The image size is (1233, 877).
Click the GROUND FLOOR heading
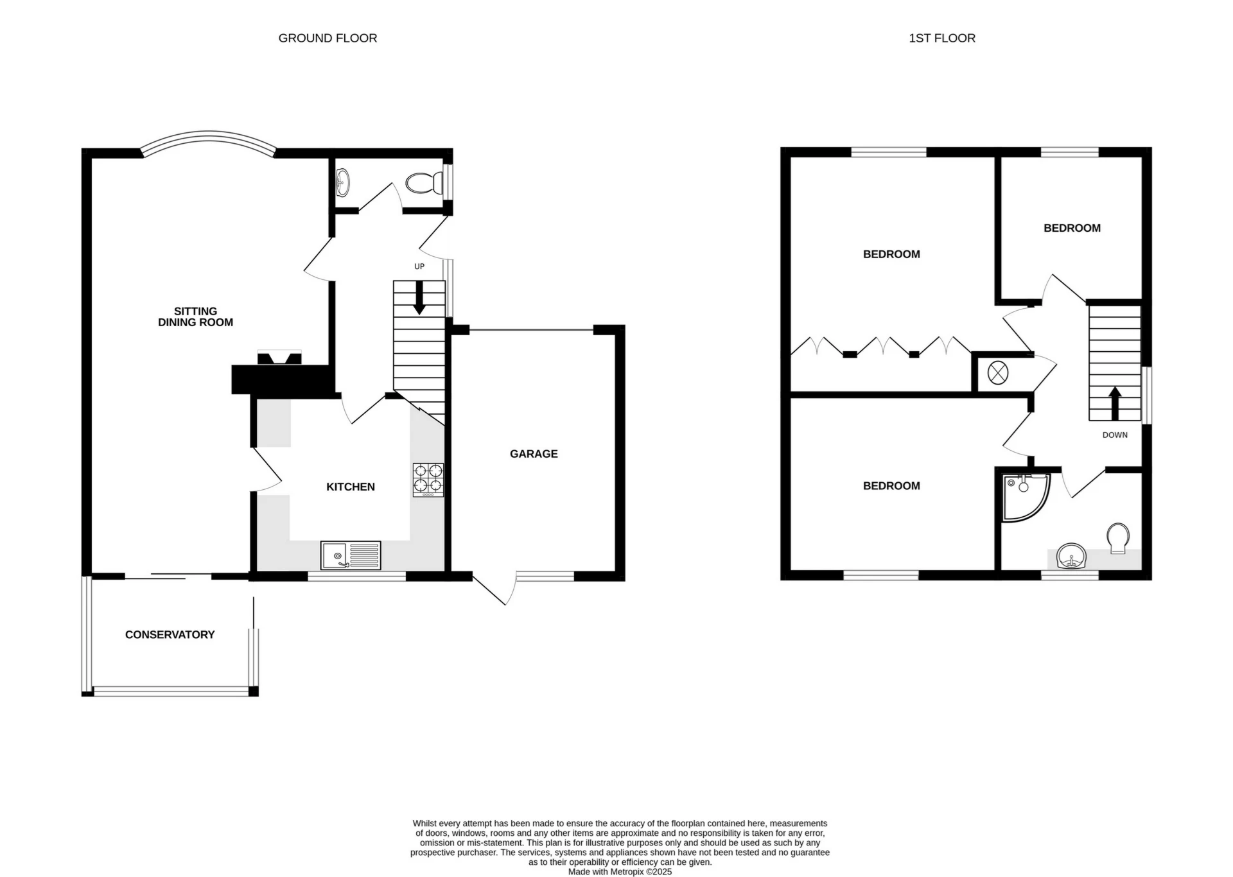tap(328, 39)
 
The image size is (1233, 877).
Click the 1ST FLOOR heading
tap(941, 39)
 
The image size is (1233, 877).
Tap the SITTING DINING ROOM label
tap(195, 317)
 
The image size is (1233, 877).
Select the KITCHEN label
tap(350, 487)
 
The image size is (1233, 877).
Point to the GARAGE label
tap(533, 454)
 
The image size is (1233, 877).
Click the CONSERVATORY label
tap(170, 634)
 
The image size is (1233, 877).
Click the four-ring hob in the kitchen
tap(428, 480)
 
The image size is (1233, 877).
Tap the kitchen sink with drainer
tap(351, 555)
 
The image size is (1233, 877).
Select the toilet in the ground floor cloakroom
tap(424, 183)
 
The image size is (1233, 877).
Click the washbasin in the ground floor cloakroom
tap(343, 182)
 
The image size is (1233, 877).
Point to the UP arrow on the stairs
tap(419, 301)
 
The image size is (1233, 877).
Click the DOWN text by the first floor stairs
tap(1115, 435)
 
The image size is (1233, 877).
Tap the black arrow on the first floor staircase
tap(1114, 403)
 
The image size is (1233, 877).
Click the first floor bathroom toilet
tap(1118, 537)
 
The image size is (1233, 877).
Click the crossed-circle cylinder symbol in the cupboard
tap(997, 373)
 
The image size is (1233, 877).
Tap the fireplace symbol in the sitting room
tap(279, 358)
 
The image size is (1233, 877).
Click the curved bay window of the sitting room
tap(208, 139)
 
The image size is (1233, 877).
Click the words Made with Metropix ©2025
tap(620, 872)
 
